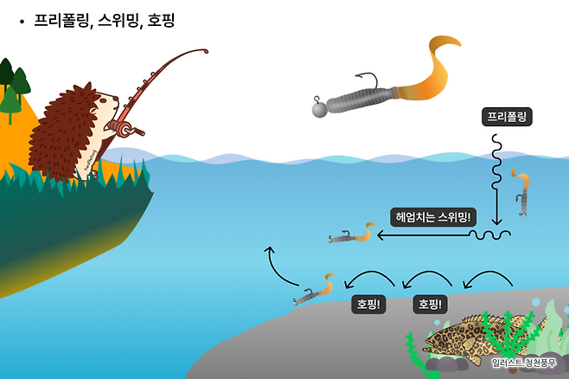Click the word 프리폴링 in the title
point(61,19)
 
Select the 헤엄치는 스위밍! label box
point(433,215)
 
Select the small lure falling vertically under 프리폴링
point(521,192)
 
